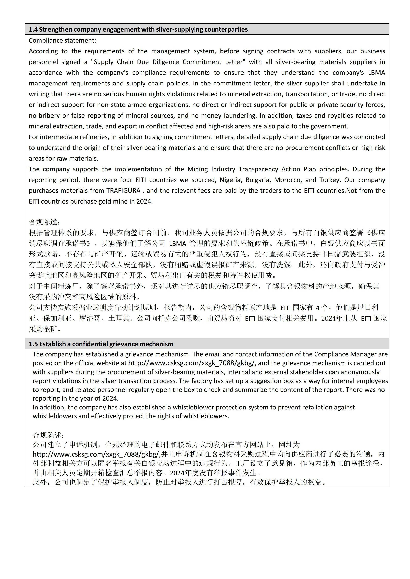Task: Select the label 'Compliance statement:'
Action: point(62,40)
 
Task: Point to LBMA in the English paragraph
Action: point(376,73)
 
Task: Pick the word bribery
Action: point(49,116)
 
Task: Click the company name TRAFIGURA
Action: point(123,190)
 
